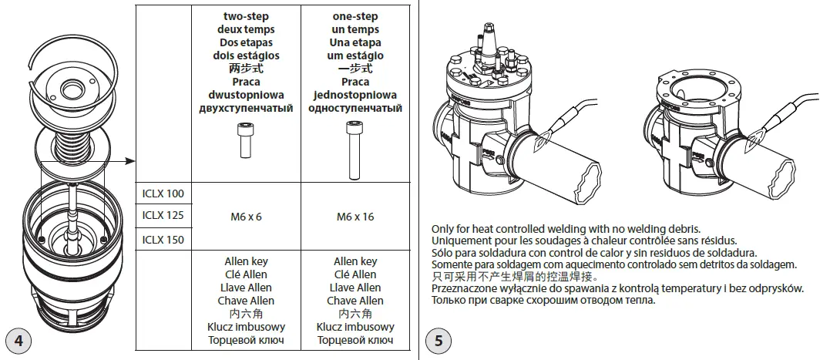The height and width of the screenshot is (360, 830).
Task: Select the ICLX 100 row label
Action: tap(163, 193)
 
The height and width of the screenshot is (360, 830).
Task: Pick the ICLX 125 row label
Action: tap(163, 216)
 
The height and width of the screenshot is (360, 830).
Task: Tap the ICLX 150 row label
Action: tap(163, 240)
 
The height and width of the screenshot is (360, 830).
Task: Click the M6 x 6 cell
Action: tap(246, 217)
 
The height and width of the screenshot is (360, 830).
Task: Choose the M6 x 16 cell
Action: tap(355, 217)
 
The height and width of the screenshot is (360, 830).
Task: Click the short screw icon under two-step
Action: tap(246, 143)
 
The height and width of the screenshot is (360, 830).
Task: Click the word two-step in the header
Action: tap(246, 16)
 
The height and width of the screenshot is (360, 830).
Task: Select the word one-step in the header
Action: tap(355, 16)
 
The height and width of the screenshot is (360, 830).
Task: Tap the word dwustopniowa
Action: tap(246, 95)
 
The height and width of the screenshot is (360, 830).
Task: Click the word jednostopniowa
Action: tap(355, 95)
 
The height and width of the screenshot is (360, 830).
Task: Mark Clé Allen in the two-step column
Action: tap(246, 274)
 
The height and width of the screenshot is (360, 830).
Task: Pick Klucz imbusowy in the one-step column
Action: tap(355, 327)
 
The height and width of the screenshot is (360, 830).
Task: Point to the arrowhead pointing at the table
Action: tap(130, 161)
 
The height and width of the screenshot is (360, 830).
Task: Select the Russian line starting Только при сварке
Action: tap(543, 299)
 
